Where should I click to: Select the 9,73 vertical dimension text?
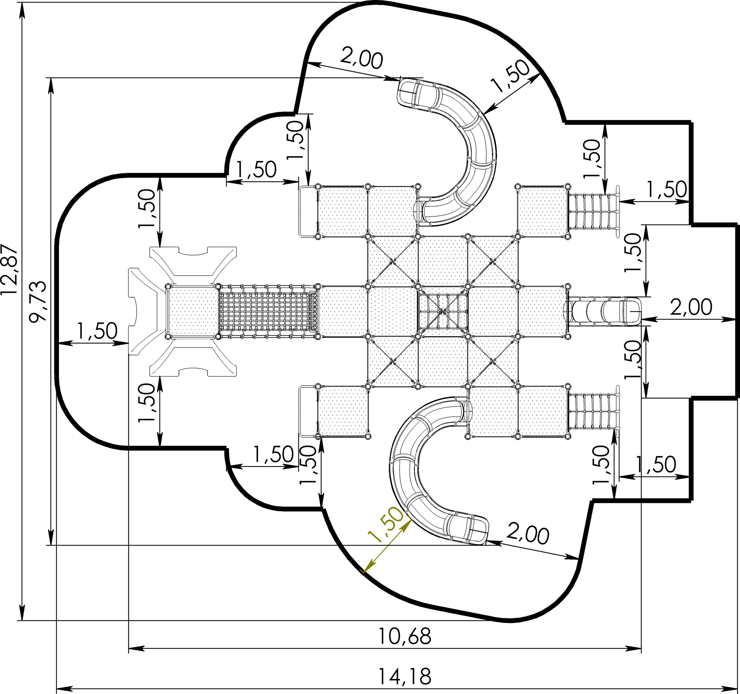tap(38, 301)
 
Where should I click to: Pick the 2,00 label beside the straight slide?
tap(691, 307)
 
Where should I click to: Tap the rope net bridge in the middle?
tap(268, 311)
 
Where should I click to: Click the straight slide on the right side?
tap(603, 311)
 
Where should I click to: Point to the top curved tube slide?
tap(451, 149)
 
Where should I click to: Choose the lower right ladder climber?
tap(594, 411)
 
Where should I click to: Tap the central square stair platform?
tap(443, 311)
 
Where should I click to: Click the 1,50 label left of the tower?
tap(97, 331)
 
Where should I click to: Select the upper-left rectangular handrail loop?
tap(308, 211)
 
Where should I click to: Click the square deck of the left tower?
tap(193, 311)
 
